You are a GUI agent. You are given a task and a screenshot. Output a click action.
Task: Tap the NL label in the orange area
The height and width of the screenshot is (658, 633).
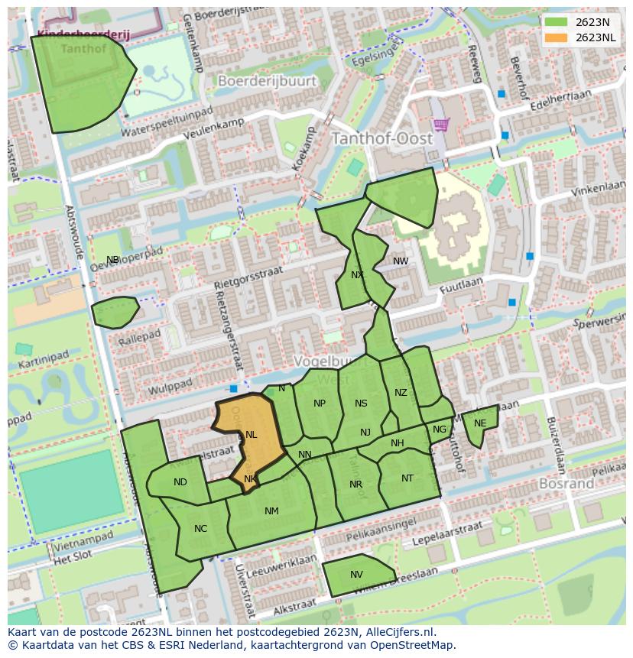251,435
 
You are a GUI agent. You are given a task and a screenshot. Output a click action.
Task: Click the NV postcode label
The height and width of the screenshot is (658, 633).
356,575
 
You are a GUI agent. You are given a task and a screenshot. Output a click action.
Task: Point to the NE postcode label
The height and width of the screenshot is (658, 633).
480,423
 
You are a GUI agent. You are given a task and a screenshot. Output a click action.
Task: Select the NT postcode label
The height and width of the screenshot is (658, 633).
407,478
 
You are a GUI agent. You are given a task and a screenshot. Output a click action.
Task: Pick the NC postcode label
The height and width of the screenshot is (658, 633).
200,529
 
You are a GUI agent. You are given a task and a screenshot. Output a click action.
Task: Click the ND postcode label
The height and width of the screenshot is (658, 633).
180,482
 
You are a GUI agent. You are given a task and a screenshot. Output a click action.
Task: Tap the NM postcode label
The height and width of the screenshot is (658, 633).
271,511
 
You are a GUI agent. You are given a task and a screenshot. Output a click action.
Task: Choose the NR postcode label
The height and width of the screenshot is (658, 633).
355,485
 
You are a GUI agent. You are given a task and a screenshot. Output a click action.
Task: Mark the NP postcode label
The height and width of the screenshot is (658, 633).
320,404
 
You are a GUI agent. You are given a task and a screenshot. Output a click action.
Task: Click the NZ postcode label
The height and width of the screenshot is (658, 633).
401,393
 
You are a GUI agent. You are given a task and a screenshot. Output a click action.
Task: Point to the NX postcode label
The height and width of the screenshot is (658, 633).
357,275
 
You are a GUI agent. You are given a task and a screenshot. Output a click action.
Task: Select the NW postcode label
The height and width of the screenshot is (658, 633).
401,261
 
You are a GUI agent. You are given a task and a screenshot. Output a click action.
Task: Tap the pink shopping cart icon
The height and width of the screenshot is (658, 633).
441,124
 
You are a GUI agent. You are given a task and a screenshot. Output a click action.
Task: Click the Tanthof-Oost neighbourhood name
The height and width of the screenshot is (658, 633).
381,139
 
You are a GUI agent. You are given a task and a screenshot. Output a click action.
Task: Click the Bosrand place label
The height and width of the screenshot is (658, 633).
566,484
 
